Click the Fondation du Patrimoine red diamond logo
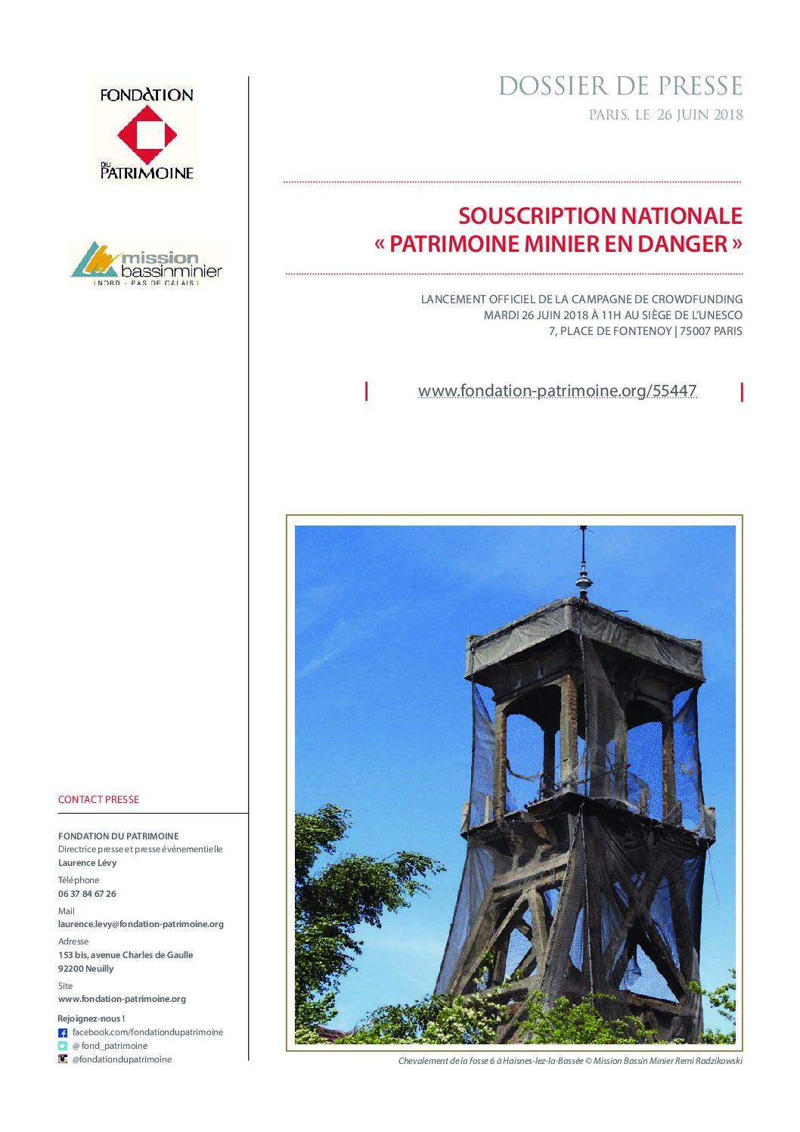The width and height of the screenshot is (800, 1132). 147,135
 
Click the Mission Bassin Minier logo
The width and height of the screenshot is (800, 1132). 147,262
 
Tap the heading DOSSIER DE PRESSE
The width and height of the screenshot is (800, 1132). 620,86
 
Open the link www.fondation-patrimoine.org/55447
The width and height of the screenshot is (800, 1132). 557,391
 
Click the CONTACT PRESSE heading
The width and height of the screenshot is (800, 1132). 98,799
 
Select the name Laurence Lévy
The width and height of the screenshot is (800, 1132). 87,863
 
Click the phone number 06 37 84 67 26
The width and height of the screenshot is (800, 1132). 87,894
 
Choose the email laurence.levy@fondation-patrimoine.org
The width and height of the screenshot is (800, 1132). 141,924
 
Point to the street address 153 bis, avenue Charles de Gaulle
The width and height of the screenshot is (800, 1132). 126,955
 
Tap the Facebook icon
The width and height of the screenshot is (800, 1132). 63,1033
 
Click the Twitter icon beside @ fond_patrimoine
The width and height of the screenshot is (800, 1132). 63,1046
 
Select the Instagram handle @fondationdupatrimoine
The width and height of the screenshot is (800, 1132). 122,1059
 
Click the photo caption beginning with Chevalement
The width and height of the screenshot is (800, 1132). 570,1061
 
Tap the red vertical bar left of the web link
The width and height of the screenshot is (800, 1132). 367,391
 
